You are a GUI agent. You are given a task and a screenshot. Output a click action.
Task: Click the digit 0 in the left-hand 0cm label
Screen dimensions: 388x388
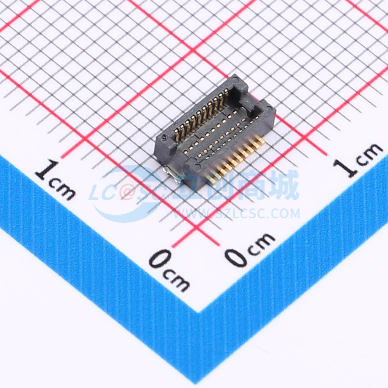[160, 260]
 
